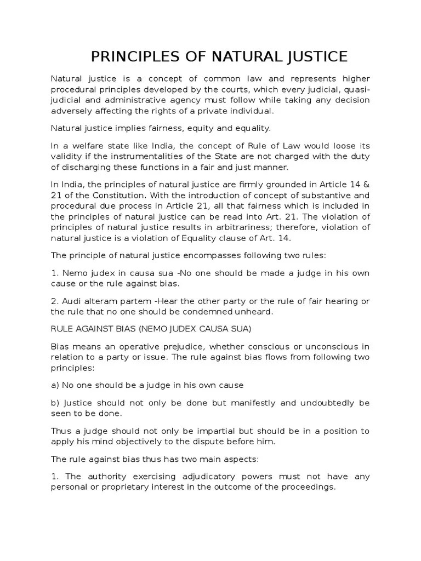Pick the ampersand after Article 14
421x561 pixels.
367,185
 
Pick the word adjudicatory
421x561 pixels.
215,476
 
